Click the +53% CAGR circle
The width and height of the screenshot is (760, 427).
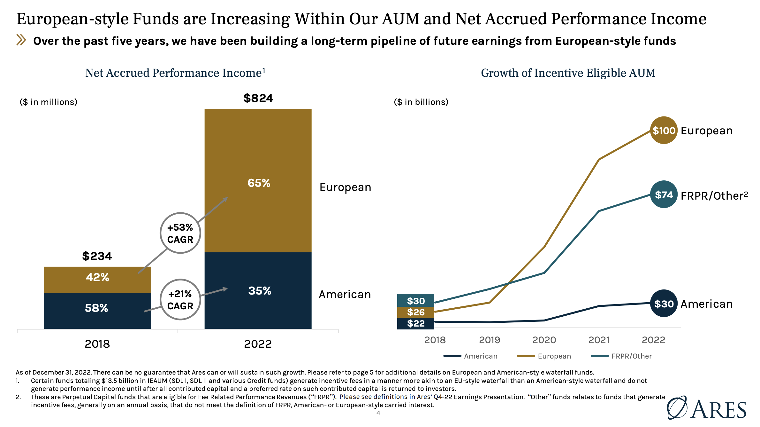(x=180, y=233)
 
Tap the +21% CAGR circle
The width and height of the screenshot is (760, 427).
(x=180, y=300)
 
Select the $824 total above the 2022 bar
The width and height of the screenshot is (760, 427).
(x=258, y=98)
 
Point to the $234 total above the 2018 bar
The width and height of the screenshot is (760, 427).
(x=97, y=256)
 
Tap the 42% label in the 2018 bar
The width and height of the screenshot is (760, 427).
(x=97, y=277)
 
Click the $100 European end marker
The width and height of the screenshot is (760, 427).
(x=664, y=130)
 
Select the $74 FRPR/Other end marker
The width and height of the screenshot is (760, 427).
(x=664, y=195)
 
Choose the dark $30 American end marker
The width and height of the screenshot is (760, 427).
(x=664, y=304)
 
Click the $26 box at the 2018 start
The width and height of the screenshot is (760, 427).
(x=415, y=312)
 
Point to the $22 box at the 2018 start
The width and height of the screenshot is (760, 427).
(x=415, y=323)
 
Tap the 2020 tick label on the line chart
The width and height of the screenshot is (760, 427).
(x=544, y=340)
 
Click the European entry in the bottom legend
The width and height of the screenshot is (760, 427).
(x=544, y=356)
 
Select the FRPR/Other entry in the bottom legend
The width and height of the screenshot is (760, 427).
(x=621, y=356)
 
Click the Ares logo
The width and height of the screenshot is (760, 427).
(x=706, y=408)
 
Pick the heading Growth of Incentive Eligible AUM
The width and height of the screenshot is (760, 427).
(x=568, y=73)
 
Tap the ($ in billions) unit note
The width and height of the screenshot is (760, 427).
(x=421, y=102)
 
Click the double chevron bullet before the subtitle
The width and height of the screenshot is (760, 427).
(x=21, y=40)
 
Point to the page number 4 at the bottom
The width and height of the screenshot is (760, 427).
(x=378, y=413)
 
